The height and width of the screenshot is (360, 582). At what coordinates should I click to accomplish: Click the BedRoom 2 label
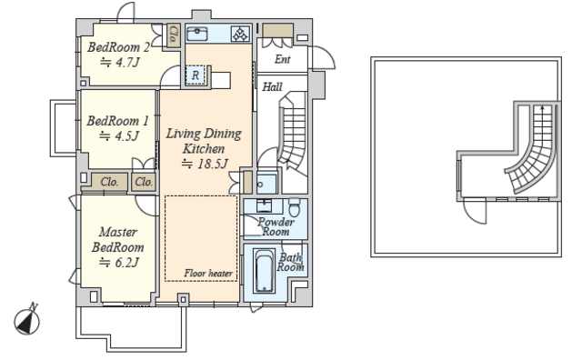(118, 47)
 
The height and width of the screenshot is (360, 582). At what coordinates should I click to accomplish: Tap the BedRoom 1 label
(117, 121)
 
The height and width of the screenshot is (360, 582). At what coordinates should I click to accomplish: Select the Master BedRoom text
(118, 240)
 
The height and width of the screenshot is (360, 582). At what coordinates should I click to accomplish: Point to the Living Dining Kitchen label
(204, 141)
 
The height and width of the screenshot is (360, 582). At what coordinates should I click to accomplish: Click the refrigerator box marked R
(196, 75)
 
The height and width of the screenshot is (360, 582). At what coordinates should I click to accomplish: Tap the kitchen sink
(197, 34)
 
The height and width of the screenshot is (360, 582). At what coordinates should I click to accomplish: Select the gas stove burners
(240, 34)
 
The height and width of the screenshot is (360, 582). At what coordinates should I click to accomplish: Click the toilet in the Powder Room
(294, 208)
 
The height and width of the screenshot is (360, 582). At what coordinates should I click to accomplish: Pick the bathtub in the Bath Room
(264, 271)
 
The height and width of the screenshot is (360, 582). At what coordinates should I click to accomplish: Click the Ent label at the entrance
(283, 59)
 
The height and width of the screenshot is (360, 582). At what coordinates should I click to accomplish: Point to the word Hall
(272, 87)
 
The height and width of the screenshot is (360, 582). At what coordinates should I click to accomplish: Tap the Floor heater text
(208, 274)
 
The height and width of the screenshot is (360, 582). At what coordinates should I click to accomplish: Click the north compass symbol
(27, 320)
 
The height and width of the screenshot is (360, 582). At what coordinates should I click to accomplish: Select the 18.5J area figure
(205, 164)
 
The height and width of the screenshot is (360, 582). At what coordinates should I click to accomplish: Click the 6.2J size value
(119, 263)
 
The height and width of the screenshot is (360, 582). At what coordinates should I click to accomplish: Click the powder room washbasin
(264, 205)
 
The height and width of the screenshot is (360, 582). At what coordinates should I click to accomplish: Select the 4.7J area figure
(120, 63)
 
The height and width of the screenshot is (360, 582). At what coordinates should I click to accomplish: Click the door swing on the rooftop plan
(475, 212)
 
